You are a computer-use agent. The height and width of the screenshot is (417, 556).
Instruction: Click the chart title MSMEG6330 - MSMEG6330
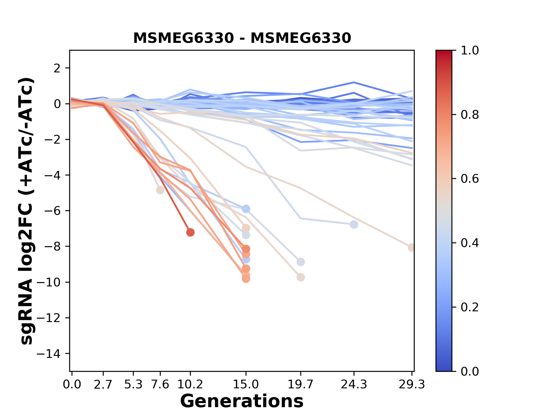pyautogui.click(x=242, y=38)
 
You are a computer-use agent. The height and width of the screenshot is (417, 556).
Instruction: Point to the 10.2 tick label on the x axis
pyautogui.click(x=190, y=385)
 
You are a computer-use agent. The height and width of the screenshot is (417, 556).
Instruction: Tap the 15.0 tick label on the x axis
pyautogui.click(x=246, y=385)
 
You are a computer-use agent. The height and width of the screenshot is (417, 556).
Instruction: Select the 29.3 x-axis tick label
pyautogui.click(x=412, y=385)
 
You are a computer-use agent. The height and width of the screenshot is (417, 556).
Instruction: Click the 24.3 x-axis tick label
pyautogui.click(x=354, y=385)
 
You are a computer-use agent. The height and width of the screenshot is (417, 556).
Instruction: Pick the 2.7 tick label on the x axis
pyautogui.click(x=103, y=385)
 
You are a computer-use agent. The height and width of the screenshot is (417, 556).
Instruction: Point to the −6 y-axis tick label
pyautogui.click(x=52, y=211)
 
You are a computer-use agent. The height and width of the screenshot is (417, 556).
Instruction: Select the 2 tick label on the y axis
pyautogui.click(x=58, y=68)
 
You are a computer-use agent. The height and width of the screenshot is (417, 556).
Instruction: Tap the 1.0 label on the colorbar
pyautogui.click(x=470, y=51)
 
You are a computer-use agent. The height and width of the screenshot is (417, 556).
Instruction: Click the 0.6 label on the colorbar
pyautogui.click(x=470, y=179)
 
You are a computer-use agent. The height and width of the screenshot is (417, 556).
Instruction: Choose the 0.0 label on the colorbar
pyautogui.click(x=470, y=371)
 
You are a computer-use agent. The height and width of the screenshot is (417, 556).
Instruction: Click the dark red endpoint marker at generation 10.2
pyautogui.click(x=190, y=232)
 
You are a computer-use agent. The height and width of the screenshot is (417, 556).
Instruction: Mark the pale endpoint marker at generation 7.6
pyautogui.click(x=160, y=190)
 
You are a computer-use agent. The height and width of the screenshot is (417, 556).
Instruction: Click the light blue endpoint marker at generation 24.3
pyautogui.click(x=354, y=224)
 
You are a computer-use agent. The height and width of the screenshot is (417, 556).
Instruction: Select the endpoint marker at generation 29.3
pyautogui.click(x=411, y=247)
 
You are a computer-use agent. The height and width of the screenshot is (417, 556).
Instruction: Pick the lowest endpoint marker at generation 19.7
pyautogui.click(x=301, y=277)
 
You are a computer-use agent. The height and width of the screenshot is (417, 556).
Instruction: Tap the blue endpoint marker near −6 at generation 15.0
pyautogui.click(x=246, y=209)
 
